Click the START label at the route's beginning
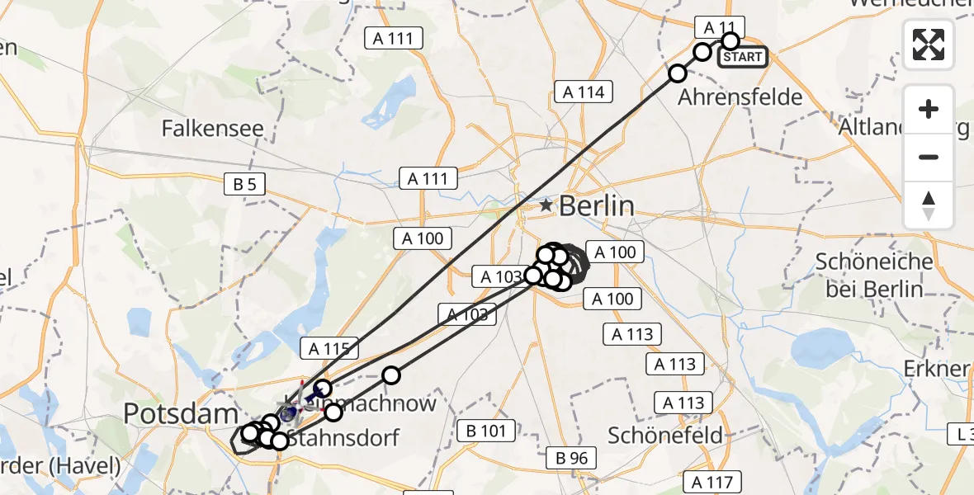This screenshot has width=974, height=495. pos(742,57)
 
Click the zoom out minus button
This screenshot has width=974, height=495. pos(929,157)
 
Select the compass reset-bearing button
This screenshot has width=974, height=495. pos(929,205)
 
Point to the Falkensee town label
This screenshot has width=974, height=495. pos(213,129)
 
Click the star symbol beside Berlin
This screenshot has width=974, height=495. pos(546,205)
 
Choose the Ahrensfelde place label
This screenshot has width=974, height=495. pos(740,97)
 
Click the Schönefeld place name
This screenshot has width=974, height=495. pos(664,435)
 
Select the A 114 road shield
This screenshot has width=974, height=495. pos(584,92)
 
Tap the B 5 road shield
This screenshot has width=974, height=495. pos(244,184)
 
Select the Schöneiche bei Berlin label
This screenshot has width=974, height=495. pos(874,276)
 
